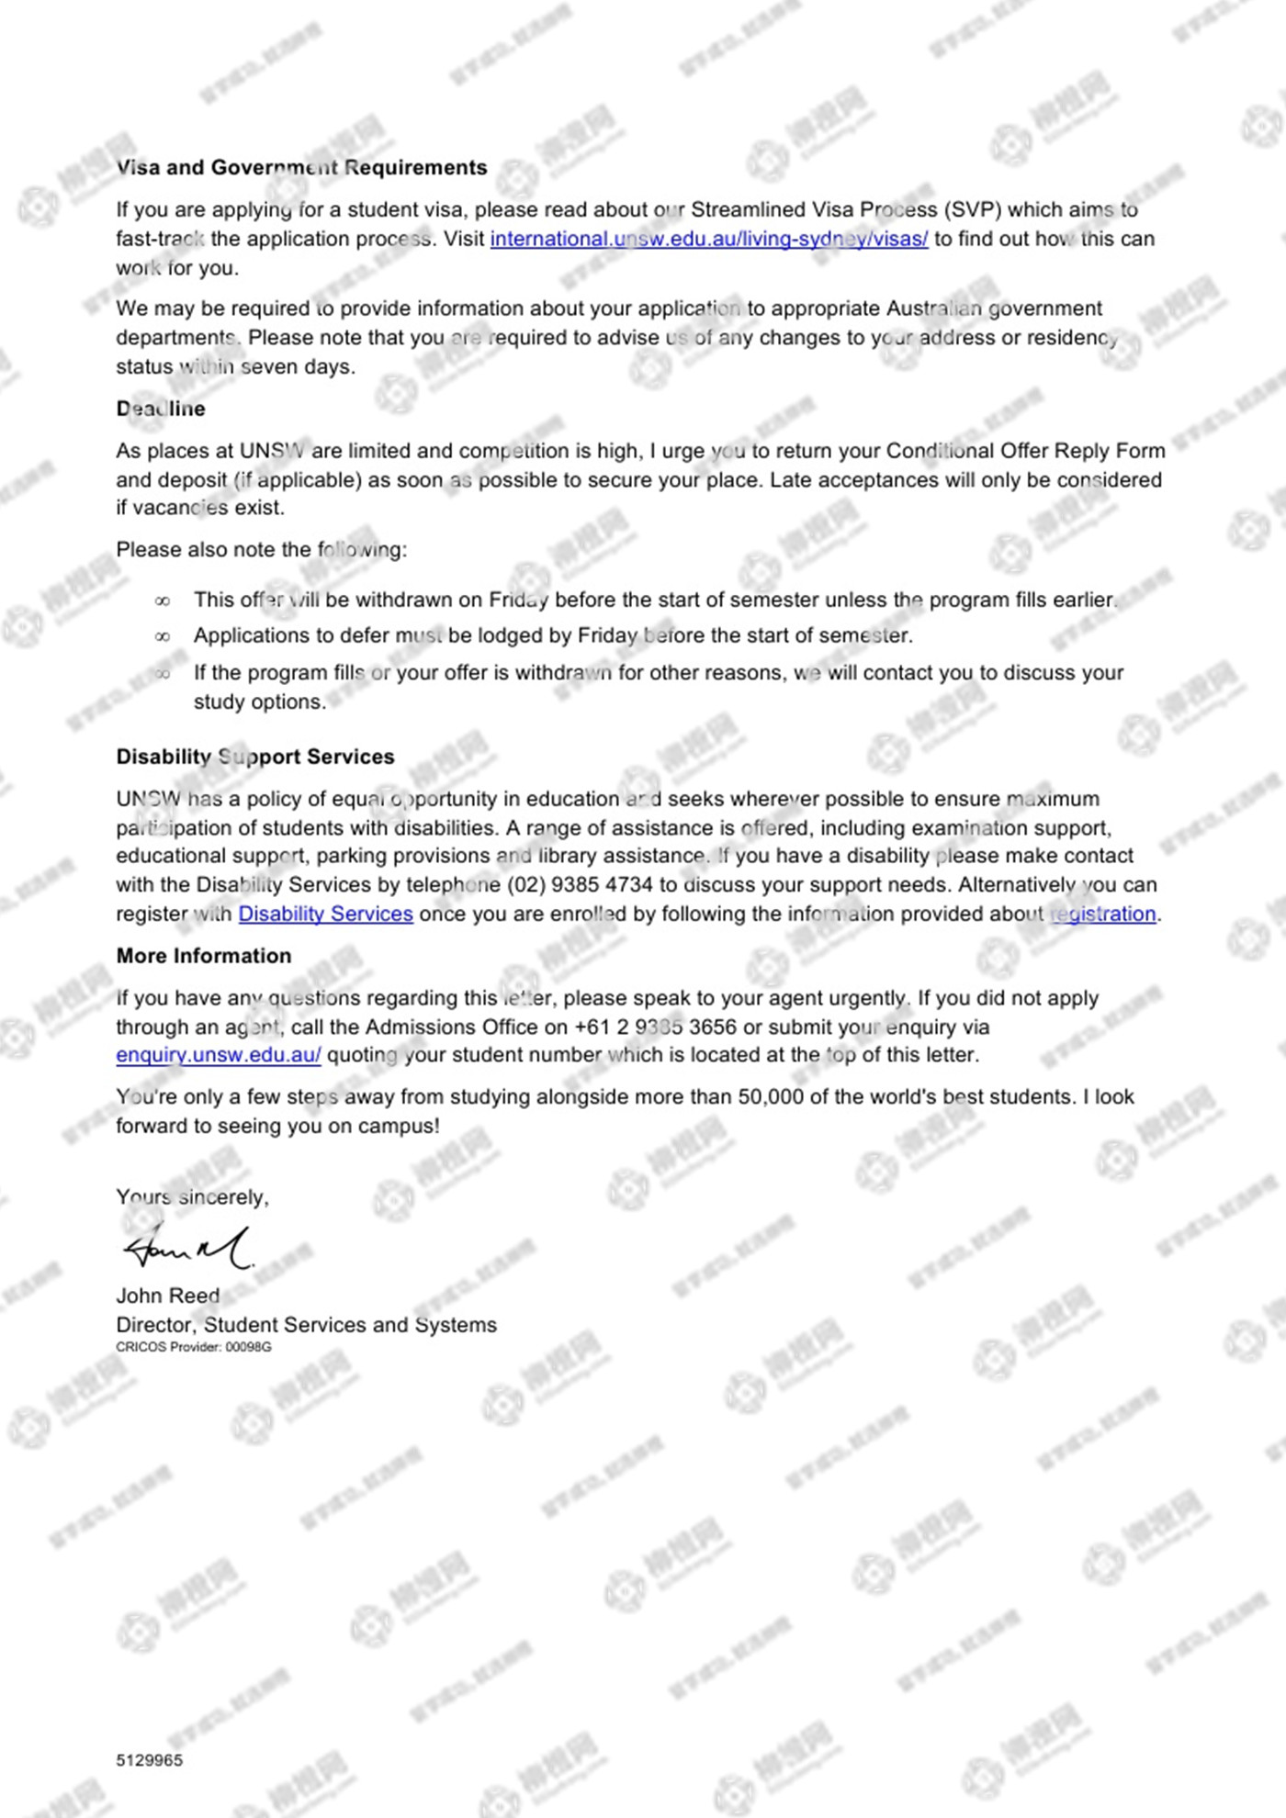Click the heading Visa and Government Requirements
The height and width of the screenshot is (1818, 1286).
point(301,168)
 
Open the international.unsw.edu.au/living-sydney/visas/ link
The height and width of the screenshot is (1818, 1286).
point(708,240)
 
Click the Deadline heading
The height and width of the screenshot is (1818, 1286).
point(161,410)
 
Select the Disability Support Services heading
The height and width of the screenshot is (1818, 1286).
point(255,757)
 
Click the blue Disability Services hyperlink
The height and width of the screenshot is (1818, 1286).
point(325,915)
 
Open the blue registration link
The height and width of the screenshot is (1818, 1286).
point(1102,915)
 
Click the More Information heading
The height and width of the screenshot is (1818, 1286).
point(204,957)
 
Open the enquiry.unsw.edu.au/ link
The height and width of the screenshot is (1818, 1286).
point(219,1056)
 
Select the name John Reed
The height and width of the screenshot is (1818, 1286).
point(168,1296)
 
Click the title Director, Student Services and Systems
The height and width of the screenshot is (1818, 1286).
point(306,1326)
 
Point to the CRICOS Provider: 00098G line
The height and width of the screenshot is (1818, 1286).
point(194,1348)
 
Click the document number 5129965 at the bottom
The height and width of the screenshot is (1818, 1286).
point(150,1761)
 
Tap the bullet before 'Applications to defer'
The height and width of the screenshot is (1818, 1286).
point(163,637)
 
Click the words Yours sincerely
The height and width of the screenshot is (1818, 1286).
point(192,1198)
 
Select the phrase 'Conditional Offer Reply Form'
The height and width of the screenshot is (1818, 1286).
point(1025,452)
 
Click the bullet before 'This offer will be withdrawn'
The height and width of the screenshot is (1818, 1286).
point(163,601)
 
